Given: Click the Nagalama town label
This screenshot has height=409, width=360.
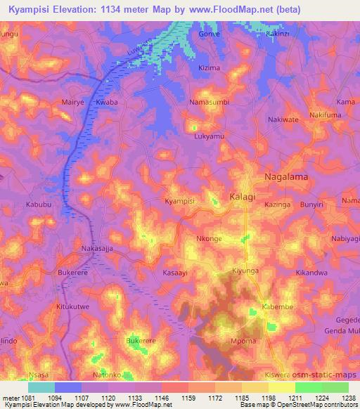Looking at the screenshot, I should (x=285, y=177).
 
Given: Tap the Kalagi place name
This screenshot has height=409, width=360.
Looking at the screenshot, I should (x=243, y=196).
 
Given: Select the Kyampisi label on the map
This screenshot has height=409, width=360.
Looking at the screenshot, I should (x=179, y=201).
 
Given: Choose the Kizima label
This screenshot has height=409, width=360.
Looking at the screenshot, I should (x=210, y=68).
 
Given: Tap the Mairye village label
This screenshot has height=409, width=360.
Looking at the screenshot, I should (x=73, y=102).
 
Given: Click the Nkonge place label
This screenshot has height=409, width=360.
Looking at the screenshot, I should (x=209, y=239).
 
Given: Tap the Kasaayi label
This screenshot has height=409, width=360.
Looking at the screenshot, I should (x=176, y=272).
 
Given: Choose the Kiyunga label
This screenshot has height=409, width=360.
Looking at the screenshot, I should (x=246, y=270).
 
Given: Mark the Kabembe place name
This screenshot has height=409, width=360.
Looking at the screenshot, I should (x=277, y=308).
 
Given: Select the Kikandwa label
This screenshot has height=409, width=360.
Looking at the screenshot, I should (x=312, y=272).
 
